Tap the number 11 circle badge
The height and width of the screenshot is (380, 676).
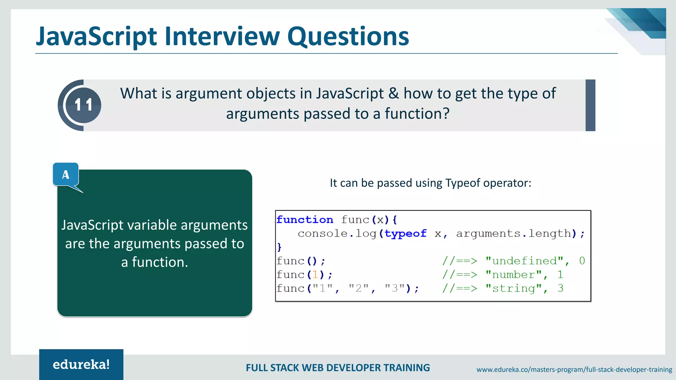point(83,105)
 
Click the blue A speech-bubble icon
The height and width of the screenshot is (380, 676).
point(66,174)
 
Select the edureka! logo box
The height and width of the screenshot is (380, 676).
point(81,364)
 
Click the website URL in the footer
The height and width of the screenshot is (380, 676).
point(574,369)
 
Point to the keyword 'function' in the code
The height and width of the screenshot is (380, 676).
point(305,220)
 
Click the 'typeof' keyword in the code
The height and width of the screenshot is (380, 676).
point(405,234)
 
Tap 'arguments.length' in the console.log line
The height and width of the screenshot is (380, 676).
point(514,234)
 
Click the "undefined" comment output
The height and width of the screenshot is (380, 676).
point(524,261)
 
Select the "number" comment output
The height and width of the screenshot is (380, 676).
point(514,275)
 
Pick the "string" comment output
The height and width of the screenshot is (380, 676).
point(514,289)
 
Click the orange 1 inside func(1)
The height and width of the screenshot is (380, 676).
point(315,275)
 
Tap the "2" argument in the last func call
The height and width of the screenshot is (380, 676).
point(359,289)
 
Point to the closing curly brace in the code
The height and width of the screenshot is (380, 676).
point(279,247)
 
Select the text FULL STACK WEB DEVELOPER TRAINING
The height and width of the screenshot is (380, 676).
point(338,368)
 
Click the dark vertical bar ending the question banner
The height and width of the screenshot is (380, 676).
point(590,105)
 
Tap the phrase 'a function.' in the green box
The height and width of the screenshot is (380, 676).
point(154,262)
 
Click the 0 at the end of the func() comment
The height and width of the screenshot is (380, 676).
point(582,261)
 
